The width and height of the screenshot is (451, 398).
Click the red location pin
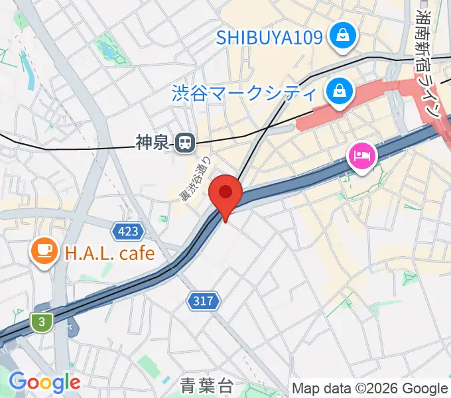pos(226,194)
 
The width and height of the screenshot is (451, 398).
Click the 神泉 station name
pos(153,141)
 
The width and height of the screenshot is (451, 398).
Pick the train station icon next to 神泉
pos(185,141)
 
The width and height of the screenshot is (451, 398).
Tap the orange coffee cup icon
pos(44,251)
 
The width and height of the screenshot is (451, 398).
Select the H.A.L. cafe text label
pos(109,253)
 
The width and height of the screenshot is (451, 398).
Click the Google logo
pos(44,382)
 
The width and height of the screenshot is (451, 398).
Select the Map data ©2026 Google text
pos(370,388)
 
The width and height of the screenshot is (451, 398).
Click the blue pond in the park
pos(105,49)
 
